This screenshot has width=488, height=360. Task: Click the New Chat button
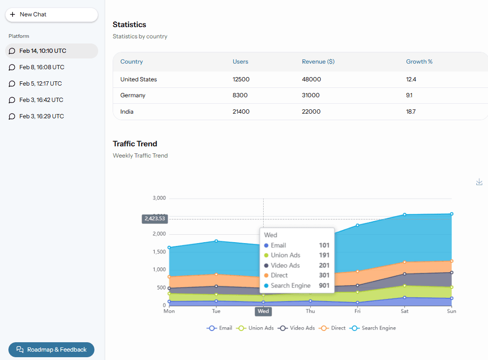[x=51, y=14]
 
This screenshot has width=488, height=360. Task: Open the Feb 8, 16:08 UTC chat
[x=42, y=67]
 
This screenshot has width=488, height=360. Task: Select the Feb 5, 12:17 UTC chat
[x=40, y=84]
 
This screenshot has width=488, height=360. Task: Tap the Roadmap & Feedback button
[x=51, y=350]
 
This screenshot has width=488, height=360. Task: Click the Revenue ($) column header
[x=318, y=62]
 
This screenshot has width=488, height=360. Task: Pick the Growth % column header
[x=419, y=62]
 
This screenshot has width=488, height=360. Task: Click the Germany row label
[x=133, y=95]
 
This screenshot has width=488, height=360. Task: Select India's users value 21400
[x=241, y=112]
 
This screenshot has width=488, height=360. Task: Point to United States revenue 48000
[x=311, y=79]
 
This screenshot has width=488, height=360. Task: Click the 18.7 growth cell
[x=411, y=112]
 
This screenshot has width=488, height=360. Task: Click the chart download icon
[x=479, y=182]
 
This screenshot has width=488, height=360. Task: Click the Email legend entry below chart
[x=220, y=328]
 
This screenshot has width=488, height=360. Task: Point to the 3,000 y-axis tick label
[x=159, y=198]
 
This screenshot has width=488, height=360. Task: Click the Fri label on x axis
[x=357, y=311]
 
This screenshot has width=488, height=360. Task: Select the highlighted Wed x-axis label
[x=263, y=311]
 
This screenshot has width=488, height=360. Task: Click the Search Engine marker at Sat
[x=404, y=215]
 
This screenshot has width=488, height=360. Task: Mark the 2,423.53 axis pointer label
[x=155, y=219]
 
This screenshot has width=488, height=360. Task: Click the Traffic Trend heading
[x=135, y=144]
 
